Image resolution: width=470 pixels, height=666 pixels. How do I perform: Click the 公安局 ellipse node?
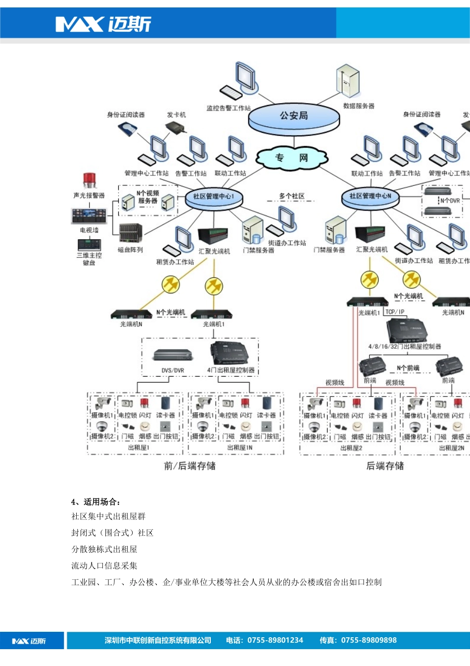(x=294, y=117)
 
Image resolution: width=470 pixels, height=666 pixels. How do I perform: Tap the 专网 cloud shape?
(x=292, y=158)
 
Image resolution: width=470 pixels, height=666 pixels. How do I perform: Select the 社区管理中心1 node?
(x=214, y=197)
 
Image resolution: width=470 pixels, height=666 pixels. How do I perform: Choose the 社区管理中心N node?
(x=370, y=196)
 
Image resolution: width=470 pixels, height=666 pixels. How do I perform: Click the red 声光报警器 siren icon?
(x=89, y=181)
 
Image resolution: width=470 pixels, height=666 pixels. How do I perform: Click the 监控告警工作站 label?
(x=229, y=108)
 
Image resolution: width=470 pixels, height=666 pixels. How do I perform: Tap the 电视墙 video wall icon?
(x=89, y=216)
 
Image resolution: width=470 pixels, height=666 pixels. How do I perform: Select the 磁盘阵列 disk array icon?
(x=131, y=233)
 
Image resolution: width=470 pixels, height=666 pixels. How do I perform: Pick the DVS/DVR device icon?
(x=172, y=355)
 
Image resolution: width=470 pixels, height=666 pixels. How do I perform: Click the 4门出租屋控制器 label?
(x=231, y=370)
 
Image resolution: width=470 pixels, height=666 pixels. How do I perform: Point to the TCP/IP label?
(x=395, y=312)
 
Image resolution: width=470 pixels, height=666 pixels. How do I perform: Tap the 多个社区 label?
(x=291, y=196)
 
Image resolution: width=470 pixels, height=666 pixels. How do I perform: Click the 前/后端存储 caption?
(x=189, y=466)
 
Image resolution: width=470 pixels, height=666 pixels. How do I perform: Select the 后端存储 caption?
(x=385, y=466)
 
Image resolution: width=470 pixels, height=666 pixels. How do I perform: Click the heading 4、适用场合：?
(x=96, y=501)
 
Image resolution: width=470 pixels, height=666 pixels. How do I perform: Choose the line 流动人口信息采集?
(x=104, y=565)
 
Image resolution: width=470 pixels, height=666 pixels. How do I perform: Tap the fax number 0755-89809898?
(x=369, y=640)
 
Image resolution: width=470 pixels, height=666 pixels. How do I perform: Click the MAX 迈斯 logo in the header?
(x=103, y=24)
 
